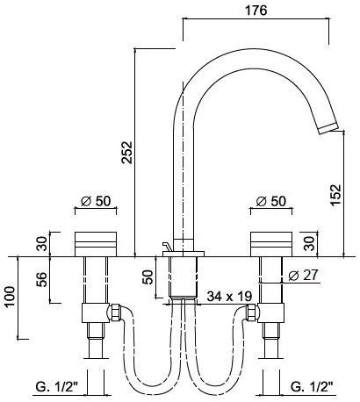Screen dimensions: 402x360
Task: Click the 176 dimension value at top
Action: (x=256, y=11)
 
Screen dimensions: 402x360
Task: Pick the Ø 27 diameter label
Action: (x=300, y=275)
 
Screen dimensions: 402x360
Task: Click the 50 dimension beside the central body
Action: (x=148, y=278)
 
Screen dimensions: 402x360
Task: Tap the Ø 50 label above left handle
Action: (x=95, y=201)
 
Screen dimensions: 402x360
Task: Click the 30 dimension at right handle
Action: (x=307, y=243)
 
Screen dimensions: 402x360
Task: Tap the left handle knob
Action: (x=96, y=242)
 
